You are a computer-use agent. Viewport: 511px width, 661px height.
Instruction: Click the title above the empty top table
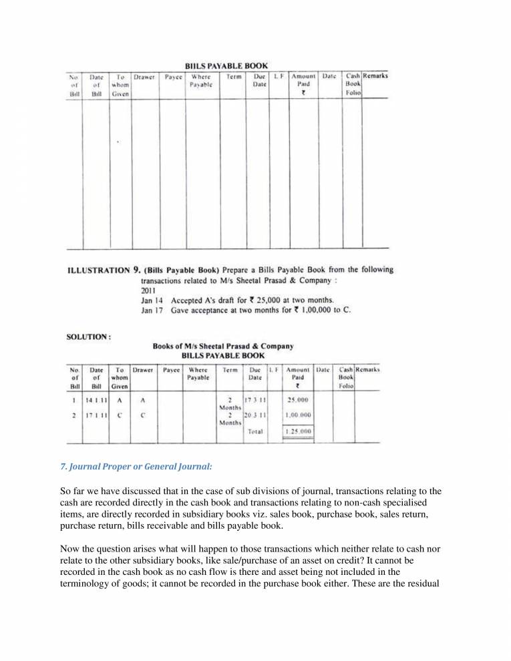(226, 65)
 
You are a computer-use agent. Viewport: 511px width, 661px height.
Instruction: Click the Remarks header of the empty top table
(375, 76)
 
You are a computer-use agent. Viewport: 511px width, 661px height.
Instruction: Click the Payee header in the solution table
(172, 369)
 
